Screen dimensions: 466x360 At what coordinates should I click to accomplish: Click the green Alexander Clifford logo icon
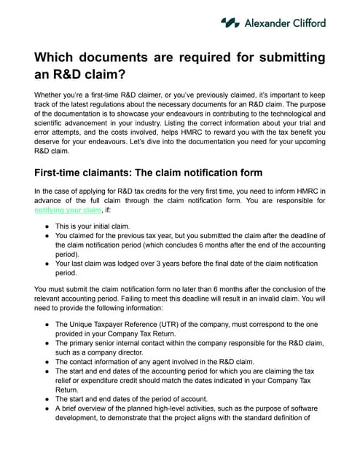230,23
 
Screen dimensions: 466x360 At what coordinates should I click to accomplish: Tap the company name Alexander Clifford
284,23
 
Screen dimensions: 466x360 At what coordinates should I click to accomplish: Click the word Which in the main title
57,58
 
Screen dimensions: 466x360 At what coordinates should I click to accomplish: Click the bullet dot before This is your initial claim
47,226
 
